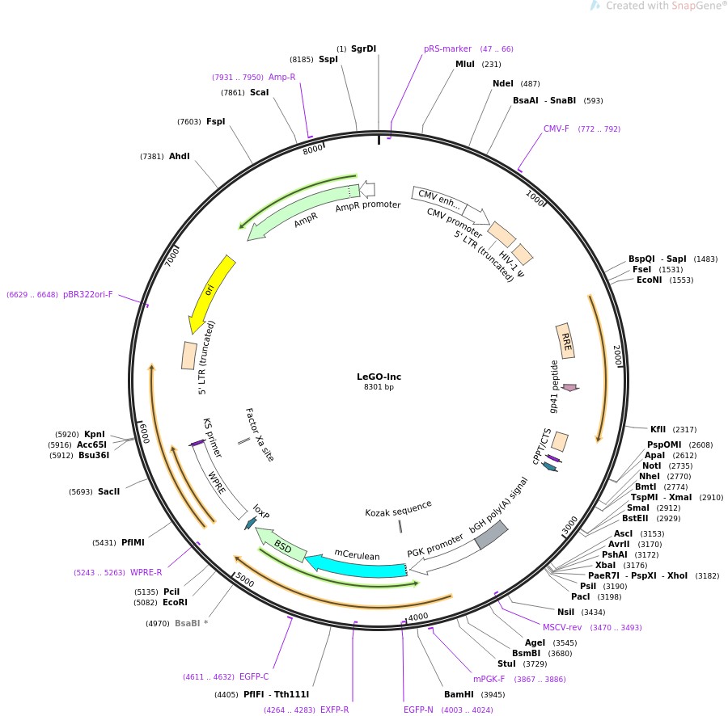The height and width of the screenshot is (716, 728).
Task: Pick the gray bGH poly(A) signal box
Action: click(491, 535)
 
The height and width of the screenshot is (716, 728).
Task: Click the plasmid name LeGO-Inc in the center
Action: click(379, 377)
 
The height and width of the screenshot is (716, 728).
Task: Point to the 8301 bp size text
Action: click(379, 388)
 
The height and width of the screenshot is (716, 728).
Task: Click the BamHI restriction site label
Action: click(459, 694)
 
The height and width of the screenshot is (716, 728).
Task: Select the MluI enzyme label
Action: click(465, 64)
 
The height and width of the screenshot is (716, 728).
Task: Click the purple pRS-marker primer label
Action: click(447, 48)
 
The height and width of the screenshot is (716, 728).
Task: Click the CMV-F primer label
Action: click(556, 128)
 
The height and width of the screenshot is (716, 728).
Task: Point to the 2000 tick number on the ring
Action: click(617, 356)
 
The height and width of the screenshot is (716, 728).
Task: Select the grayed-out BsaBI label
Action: click(187, 623)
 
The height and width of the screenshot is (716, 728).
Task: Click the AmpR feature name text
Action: click(306, 219)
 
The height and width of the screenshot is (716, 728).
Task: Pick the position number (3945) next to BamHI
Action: click(493, 695)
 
